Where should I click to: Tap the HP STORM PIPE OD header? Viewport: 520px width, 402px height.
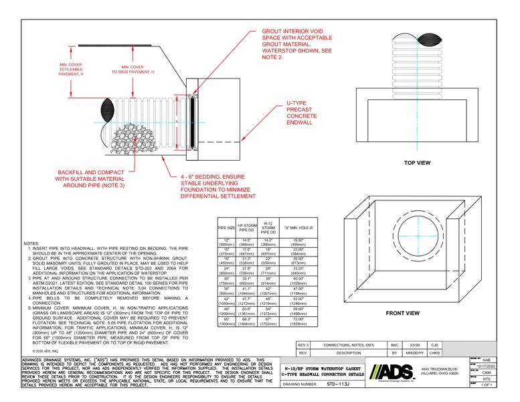pos(246,229)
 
